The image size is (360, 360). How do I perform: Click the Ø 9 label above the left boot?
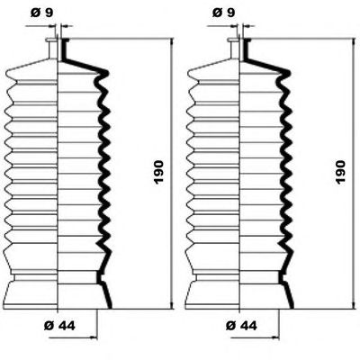coord(42,13)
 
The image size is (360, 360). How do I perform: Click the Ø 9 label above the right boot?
coord(224,13)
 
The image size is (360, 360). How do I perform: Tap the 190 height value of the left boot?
coord(158,172)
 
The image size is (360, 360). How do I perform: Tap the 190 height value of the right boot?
coord(340,172)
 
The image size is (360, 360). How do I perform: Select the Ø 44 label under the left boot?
coord(59,326)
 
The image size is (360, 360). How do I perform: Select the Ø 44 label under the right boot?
coord(241,326)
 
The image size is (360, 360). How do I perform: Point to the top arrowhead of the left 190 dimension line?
coord(172,42)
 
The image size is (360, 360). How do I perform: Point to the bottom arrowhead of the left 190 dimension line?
coord(172,304)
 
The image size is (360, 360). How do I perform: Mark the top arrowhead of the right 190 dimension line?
coord(354,42)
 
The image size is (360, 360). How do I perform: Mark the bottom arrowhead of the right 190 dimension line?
coord(354,304)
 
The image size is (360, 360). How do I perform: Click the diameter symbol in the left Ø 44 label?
coord(49,326)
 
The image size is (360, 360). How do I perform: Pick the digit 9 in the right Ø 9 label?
coord(231,13)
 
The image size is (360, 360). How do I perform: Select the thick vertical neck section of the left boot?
coord(64,49)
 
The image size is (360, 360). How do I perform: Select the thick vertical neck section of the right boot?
coord(246,49)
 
